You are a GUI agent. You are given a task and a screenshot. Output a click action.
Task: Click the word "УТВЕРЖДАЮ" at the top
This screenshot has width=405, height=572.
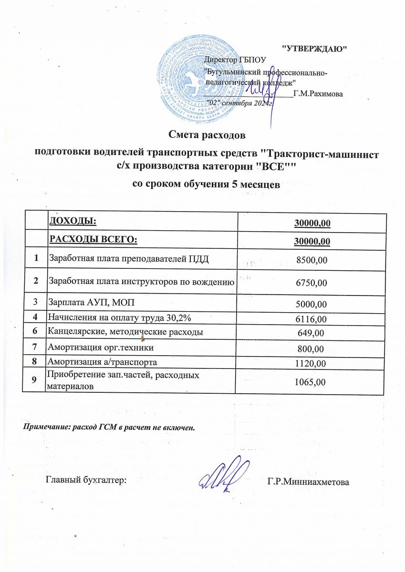point(314,49)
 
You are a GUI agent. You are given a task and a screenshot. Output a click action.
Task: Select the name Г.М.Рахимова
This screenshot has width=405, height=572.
point(318,94)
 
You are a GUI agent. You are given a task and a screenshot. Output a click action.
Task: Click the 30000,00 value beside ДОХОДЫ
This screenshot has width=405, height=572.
point(312,223)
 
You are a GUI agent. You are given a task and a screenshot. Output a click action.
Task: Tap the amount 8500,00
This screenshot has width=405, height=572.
point(311,260)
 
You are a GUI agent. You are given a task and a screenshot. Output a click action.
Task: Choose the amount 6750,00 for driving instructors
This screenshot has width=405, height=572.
point(311,283)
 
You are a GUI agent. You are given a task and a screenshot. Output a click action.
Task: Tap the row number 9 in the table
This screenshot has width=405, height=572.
point(35,381)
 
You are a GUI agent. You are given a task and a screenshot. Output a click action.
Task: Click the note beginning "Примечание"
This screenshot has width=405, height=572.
point(110,427)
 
